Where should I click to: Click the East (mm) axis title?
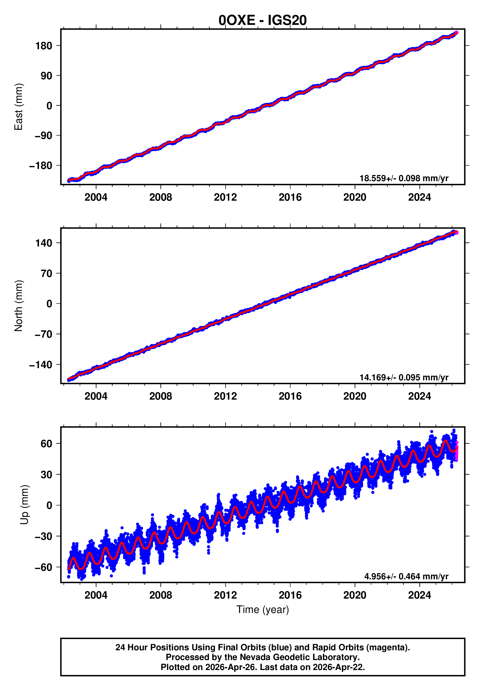pos(19,107)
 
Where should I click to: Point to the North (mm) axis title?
pos(19,306)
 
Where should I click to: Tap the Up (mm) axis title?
pos(25,505)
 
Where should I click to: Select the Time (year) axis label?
pos(263,609)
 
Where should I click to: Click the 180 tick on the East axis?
pos(44,46)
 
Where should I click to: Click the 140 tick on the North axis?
pos(44,243)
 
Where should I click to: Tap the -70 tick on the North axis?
pos(43,334)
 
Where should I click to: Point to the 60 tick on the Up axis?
pos(46,444)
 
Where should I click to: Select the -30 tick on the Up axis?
pos(43,536)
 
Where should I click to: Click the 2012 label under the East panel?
pos(225,197)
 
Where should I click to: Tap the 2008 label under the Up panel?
pos(161,595)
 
